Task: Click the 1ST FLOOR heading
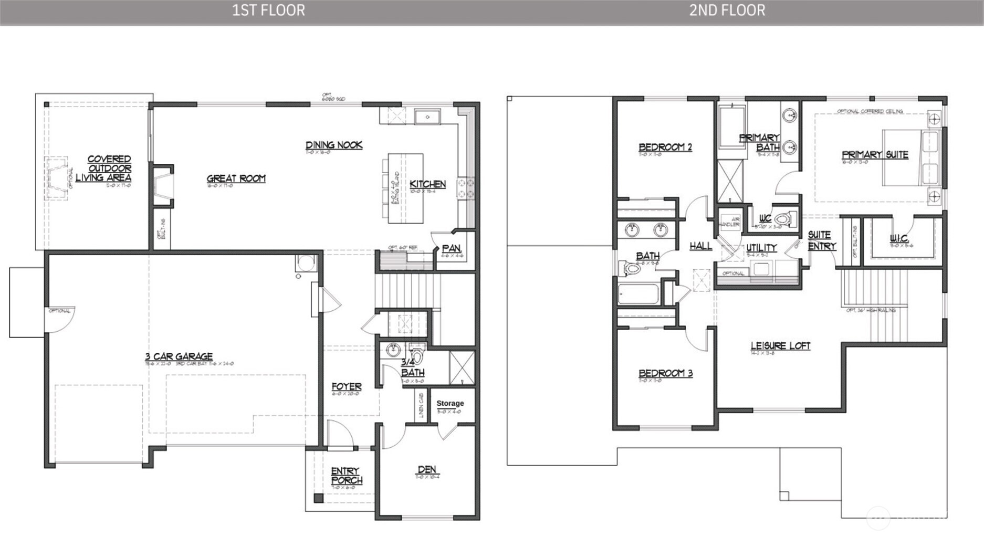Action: (x=268, y=10)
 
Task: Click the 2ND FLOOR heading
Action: (x=727, y=10)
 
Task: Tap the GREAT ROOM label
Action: (x=236, y=178)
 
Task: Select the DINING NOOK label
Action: (x=334, y=145)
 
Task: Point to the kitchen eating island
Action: (x=406, y=188)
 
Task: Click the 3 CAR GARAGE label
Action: (x=179, y=356)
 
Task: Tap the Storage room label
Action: (x=450, y=403)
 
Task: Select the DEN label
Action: (x=427, y=469)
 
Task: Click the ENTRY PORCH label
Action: (x=346, y=476)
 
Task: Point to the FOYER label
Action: (x=347, y=387)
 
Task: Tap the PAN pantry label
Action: (x=451, y=248)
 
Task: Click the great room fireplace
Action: (x=163, y=186)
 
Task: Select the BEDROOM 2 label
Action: (x=665, y=147)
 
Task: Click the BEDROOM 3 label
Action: (x=665, y=373)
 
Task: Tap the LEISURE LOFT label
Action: (x=780, y=346)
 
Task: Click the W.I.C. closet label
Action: (x=899, y=239)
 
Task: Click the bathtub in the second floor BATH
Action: (x=638, y=294)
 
